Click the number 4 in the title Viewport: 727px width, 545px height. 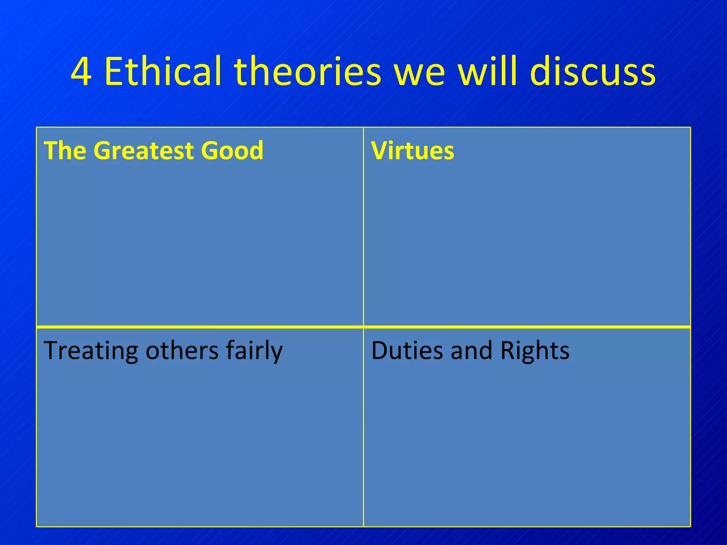81,72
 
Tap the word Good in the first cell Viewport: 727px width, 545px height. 233,150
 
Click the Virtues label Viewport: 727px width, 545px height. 412,150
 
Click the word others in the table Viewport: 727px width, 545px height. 182,351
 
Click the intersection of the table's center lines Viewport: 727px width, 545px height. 363,326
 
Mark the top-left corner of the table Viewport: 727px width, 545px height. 37,127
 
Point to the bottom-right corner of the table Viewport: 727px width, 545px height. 690,527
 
